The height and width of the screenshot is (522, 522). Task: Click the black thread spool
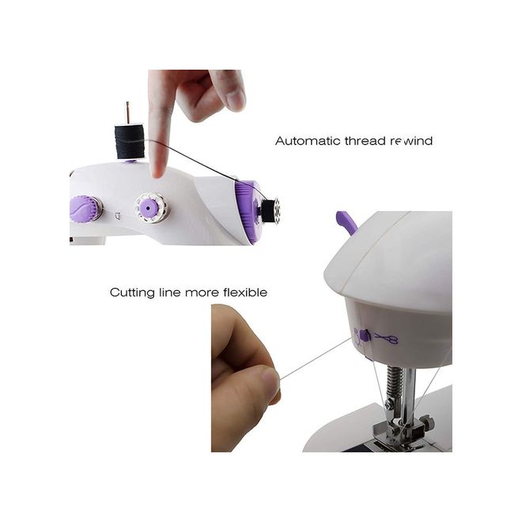point(130,142)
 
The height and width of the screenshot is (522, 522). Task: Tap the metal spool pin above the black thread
point(127,114)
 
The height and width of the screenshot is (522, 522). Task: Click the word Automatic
point(308,141)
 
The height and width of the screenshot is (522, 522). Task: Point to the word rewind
point(411,141)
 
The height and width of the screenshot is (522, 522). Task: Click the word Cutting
point(132,293)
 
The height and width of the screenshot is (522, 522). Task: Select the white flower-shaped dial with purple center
point(151,207)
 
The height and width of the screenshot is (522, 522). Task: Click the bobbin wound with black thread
point(270,208)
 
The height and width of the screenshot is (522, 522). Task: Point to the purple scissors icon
point(387,339)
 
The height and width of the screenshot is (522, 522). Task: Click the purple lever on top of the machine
point(346,222)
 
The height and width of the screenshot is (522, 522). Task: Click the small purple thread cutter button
point(365,335)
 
